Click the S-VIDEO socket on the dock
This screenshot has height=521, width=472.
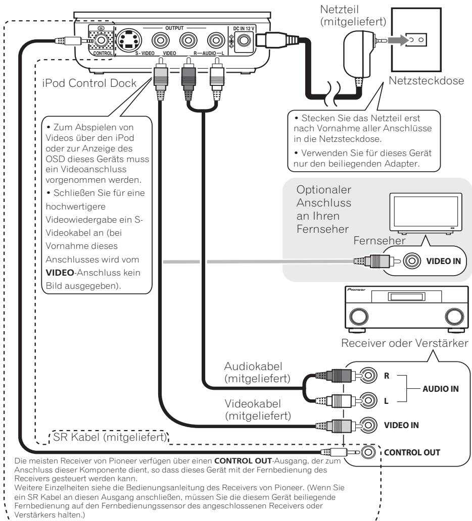tap(129, 40)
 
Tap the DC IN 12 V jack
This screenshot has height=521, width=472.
tap(244, 40)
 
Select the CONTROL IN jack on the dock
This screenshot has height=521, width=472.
tap(101, 40)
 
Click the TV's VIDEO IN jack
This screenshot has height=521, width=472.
tap(412, 261)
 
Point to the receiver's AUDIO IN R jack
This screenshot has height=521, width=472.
tap(368, 376)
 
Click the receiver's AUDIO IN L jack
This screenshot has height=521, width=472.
tap(368, 400)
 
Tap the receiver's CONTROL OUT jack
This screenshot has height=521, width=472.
tap(368, 452)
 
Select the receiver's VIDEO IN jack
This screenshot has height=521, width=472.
tap(368, 425)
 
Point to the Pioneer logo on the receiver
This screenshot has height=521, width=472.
tap(356, 290)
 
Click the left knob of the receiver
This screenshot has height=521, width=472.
tap(359, 317)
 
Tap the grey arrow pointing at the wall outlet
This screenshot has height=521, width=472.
tap(398, 40)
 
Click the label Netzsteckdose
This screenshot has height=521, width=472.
tap(426, 81)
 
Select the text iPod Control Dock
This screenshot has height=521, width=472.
tap(89, 83)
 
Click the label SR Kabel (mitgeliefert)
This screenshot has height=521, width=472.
tap(110, 437)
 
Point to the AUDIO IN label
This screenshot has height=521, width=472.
tap(440, 389)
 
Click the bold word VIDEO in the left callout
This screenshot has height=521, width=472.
tap(60, 273)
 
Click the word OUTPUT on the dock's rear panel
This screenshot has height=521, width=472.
tap(174, 28)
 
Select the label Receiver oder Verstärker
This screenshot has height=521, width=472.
tap(404, 343)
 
